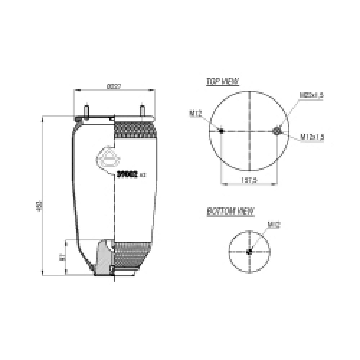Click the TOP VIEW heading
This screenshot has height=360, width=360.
(x=222, y=81)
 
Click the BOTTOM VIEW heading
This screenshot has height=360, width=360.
(x=231, y=212)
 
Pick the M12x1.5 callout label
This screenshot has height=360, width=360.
(x=312, y=137)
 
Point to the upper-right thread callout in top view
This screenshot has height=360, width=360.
(x=311, y=95)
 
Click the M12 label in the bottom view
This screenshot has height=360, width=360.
(x=274, y=225)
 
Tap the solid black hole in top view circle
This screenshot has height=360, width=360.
(x=222, y=131)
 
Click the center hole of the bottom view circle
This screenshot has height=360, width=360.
(x=249, y=252)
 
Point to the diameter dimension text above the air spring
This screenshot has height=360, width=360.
(x=114, y=86)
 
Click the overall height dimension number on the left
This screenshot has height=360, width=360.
(x=39, y=206)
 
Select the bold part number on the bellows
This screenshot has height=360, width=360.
(x=127, y=175)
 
